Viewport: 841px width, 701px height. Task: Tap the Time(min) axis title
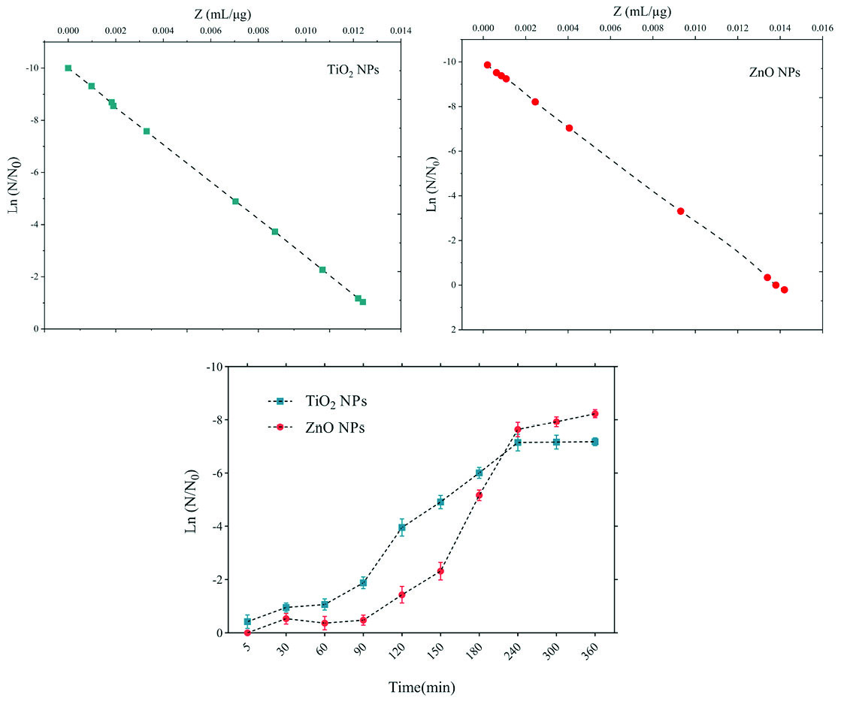point(421,686)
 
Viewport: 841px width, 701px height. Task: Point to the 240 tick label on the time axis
point(518,651)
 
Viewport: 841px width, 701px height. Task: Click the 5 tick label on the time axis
point(247,648)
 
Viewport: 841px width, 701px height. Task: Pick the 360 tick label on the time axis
point(594,651)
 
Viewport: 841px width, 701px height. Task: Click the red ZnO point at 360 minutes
point(594,413)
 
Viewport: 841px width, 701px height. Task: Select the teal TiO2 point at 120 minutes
point(401,527)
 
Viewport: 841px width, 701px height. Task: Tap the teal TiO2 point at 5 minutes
point(248,621)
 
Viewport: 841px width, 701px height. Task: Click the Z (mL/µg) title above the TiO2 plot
point(239,12)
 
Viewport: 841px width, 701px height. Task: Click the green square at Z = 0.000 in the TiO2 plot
point(68,68)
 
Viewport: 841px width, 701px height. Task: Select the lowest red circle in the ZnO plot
point(784,289)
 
